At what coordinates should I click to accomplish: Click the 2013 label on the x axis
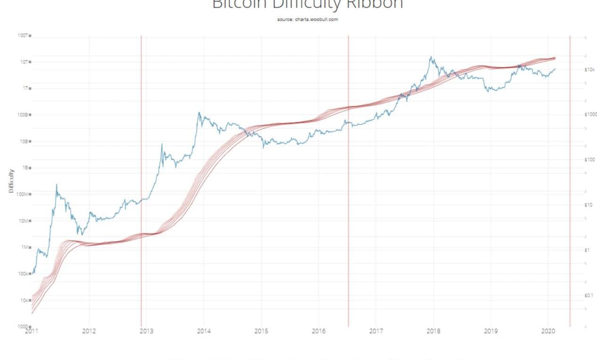[146, 331]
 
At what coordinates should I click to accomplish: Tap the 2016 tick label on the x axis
[319, 331]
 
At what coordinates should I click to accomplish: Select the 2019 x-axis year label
[491, 331]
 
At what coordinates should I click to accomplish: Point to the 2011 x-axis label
[32, 331]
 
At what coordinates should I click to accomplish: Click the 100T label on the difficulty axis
[23, 35]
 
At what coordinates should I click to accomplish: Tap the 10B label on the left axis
[24, 141]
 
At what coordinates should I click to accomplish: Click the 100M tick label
[23, 194]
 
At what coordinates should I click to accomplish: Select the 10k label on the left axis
[24, 300]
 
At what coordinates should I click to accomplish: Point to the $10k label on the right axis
[589, 70]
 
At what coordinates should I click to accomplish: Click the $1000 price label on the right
[590, 115]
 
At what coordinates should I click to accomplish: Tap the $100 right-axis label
[589, 160]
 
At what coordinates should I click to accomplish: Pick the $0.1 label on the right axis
[589, 295]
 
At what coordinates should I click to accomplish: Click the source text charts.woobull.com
[308, 19]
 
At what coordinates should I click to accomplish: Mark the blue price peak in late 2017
[430, 57]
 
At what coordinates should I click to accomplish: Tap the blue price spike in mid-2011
[56, 185]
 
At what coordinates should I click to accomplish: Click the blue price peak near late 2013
[199, 113]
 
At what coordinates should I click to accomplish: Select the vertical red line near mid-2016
[348, 188]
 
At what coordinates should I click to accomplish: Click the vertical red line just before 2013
[141, 188]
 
